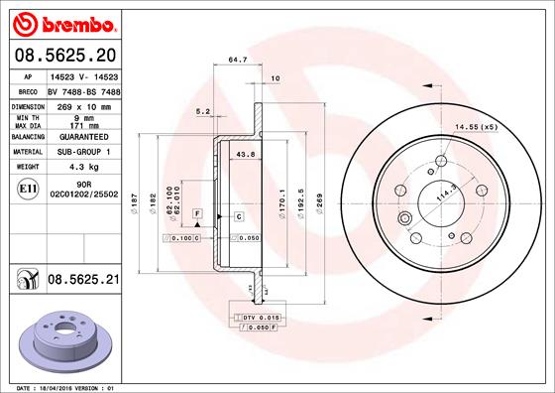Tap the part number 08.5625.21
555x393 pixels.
[x=83, y=281]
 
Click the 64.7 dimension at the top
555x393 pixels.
[x=237, y=60]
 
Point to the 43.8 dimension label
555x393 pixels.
[x=246, y=153]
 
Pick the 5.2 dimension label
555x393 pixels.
[x=203, y=111]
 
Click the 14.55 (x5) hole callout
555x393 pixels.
[x=475, y=127]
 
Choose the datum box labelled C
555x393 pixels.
[x=239, y=215]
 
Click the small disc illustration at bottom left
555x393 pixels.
[x=61, y=338]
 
